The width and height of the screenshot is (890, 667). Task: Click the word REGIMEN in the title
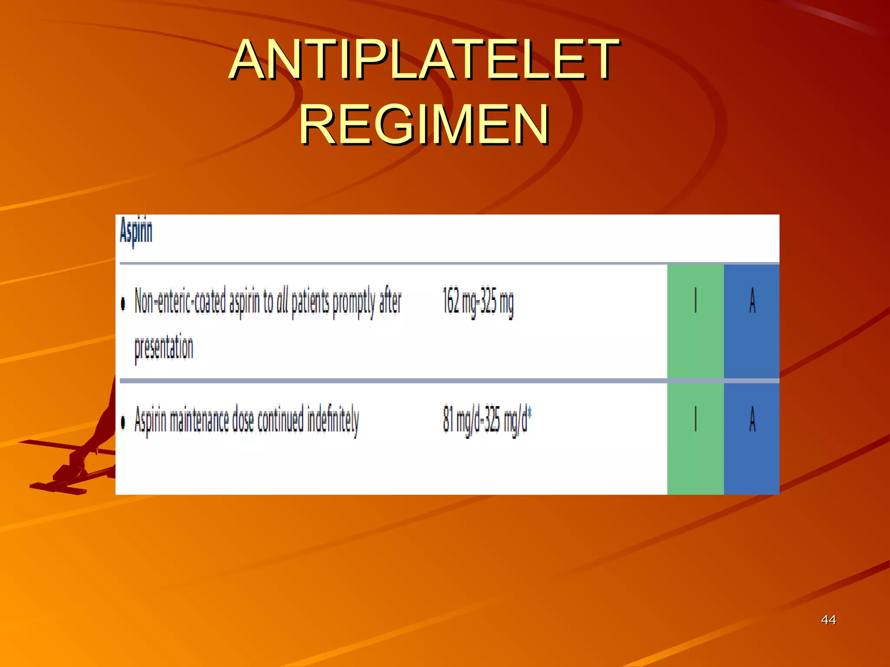click(424, 125)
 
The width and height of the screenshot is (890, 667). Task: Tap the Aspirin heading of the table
click(136, 231)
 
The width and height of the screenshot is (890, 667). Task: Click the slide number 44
click(828, 620)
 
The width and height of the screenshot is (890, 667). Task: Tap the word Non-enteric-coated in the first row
click(180, 301)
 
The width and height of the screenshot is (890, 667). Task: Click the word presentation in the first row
click(164, 348)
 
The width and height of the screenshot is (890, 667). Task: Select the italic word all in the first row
click(282, 301)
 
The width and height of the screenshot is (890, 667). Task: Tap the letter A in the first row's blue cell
click(752, 300)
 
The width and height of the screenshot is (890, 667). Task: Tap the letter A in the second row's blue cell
click(752, 419)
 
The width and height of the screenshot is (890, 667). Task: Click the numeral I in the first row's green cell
click(695, 300)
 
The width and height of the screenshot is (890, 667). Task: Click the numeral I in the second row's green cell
click(695, 419)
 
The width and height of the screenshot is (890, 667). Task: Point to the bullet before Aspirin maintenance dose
click(123, 422)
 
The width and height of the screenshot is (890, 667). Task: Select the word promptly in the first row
click(354, 302)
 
